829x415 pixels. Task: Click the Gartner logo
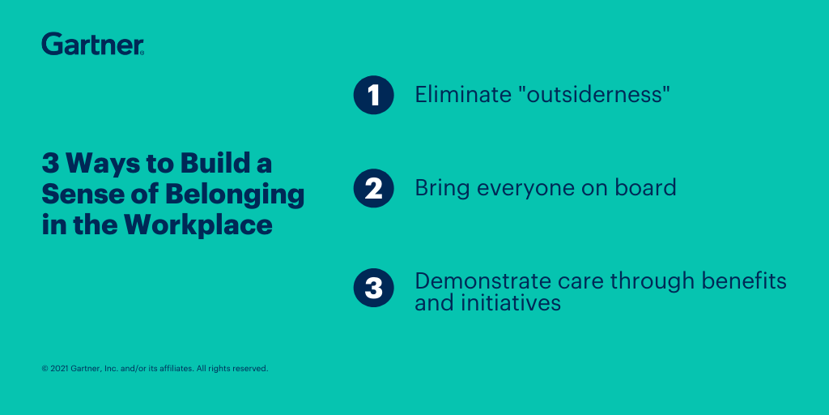coord(92,44)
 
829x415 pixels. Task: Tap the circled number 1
coord(374,96)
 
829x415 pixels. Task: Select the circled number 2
coord(374,188)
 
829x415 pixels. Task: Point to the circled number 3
coord(374,288)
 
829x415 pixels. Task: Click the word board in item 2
coord(650,187)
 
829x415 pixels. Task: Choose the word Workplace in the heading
coord(198,225)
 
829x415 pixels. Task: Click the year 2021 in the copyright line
coord(59,369)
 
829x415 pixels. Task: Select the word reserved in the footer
coord(251,369)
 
